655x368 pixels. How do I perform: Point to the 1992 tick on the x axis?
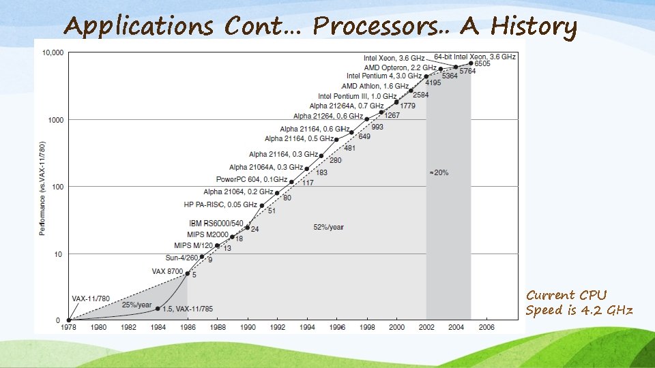tap(277, 326)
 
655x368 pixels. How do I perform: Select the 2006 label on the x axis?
tap(486, 326)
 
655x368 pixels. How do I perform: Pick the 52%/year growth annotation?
tap(328, 227)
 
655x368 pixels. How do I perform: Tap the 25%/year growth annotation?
tap(137, 305)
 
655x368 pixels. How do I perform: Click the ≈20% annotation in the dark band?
tap(439, 172)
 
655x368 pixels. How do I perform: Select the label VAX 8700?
tap(166, 271)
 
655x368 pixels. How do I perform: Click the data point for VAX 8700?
tap(188, 273)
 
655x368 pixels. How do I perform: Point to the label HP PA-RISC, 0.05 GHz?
tap(220, 204)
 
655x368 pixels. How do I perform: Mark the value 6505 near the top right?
tap(483, 63)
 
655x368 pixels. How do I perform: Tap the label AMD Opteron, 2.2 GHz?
tap(400, 67)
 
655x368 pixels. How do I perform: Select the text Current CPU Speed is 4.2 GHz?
tap(579, 303)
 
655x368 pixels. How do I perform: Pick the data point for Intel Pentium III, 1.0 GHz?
tap(396, 102)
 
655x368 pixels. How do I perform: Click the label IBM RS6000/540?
tap(216, 223)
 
